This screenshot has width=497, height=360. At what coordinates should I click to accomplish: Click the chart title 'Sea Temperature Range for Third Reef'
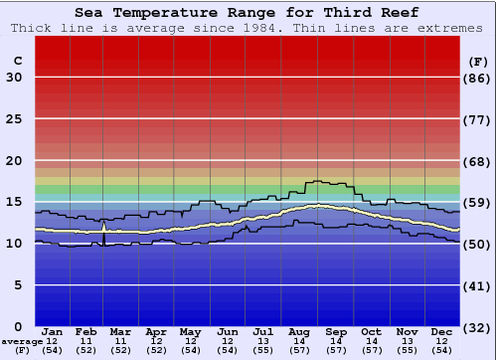click(x=247, y=12)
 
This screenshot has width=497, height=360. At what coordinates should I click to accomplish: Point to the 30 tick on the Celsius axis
click(x=14, y=78)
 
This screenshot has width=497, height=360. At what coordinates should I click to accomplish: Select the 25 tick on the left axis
click(x=14, y=119)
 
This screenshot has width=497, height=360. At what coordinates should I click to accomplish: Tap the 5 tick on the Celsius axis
click(x=18, y=285)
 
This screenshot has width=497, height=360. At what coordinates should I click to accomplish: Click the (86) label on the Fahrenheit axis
click(x=478, y=78)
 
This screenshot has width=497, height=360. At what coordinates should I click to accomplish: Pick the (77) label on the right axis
click(x=478, y=119)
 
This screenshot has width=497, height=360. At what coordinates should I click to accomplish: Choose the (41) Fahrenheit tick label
click(x=478, y=285)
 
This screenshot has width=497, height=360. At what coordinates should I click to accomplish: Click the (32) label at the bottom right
click(x=478, y=327)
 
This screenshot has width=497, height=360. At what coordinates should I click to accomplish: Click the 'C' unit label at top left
click(x=17, y=61)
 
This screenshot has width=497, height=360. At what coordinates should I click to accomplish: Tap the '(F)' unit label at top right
click(x=478, y=61)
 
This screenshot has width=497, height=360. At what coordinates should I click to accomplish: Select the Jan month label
click(x=53, y=331)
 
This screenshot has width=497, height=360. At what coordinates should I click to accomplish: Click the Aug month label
click(x=298, y=331)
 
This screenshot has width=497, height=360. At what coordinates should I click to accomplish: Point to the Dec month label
click(x=442, y=331)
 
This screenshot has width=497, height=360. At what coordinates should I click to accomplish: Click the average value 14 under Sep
click(x=335, y=341)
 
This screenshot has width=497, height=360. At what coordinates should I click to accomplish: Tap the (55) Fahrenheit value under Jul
click(x=263, y=350)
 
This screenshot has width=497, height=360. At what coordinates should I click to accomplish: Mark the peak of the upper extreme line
click(x=316, y=181)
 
